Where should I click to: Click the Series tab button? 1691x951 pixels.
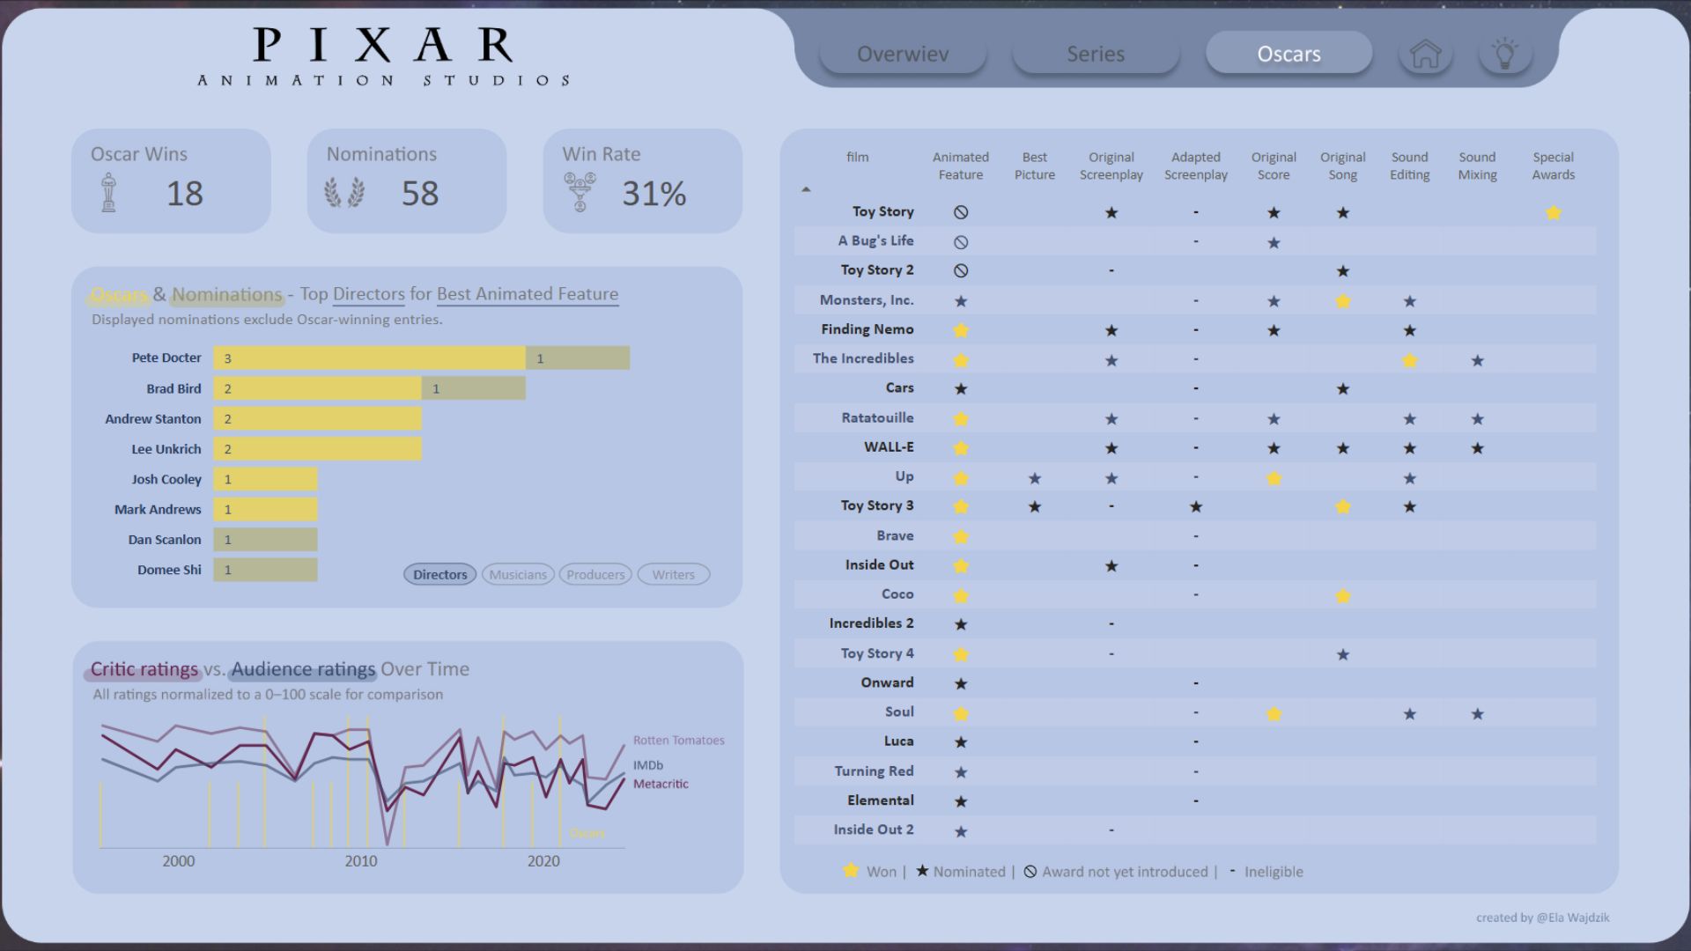coord(1096,54)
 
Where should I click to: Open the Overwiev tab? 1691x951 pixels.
coord(903,54)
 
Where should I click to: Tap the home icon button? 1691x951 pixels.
coord(1425,54)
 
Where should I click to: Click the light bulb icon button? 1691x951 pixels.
coord(1505,54)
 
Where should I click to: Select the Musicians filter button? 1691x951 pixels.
coord(518,575)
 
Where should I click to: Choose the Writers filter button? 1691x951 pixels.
coord(673,575)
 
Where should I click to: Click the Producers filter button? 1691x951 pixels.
coord(595,575)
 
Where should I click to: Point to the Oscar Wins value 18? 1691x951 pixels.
coord(185,194)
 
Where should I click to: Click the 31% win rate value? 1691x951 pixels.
coord(654,194)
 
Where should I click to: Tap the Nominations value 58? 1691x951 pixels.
coord(420,194)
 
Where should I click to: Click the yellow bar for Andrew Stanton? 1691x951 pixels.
coord(317,419)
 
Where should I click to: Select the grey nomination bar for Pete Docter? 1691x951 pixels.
coord(578,358)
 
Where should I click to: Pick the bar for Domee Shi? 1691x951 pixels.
coord(265,570)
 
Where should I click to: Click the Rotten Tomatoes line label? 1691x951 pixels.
coord(678,741)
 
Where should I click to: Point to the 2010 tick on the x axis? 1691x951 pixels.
coord(361,861)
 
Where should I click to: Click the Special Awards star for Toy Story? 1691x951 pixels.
coord(1554,213)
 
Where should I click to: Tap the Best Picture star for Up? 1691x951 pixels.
coord(1035,478)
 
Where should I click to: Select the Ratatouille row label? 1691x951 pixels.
coord(877,417)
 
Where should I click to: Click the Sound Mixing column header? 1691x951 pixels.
coord(1477,166)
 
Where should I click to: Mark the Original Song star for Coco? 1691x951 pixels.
coord(1343,596)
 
